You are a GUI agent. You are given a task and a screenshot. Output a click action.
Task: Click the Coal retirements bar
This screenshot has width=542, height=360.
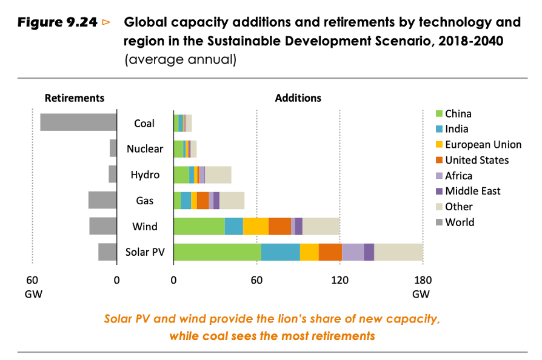(x=78, y=122)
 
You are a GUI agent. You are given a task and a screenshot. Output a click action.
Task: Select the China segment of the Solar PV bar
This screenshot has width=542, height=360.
(x=217, y=252)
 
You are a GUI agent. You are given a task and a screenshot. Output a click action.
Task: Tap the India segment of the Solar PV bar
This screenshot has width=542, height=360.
(x=280, y=252)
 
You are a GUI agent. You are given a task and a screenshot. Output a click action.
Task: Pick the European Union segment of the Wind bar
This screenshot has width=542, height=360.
(x=256, y=227)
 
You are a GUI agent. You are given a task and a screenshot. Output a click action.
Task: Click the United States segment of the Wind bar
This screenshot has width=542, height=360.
(x=279, y=227)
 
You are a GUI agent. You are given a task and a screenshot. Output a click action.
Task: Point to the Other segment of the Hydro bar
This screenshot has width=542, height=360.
(x=218, y=175)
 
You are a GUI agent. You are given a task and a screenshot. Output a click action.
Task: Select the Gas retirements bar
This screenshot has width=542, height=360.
(x=102, y=201)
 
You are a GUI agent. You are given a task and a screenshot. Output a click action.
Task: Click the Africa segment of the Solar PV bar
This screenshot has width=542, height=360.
(x=353, y=252)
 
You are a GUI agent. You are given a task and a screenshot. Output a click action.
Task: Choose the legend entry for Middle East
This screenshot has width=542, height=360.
(x=472, y=191)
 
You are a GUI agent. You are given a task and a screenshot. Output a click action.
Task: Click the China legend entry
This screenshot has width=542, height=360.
(x=458, y=113)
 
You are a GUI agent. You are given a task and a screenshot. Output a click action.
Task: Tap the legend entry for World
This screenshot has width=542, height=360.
(x=459, y=222)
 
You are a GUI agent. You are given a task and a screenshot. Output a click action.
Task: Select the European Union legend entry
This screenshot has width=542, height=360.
(x=483, y=144)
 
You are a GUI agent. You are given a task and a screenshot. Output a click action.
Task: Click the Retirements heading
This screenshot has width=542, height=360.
(x=75, y=98)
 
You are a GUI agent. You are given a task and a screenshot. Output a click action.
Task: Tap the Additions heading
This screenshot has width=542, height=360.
(x=298, y=98)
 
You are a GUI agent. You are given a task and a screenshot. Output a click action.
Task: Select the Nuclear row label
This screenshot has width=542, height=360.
(x=144, y=149)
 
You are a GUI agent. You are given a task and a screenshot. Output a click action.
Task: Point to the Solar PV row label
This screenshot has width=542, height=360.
(x=144, y=252)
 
